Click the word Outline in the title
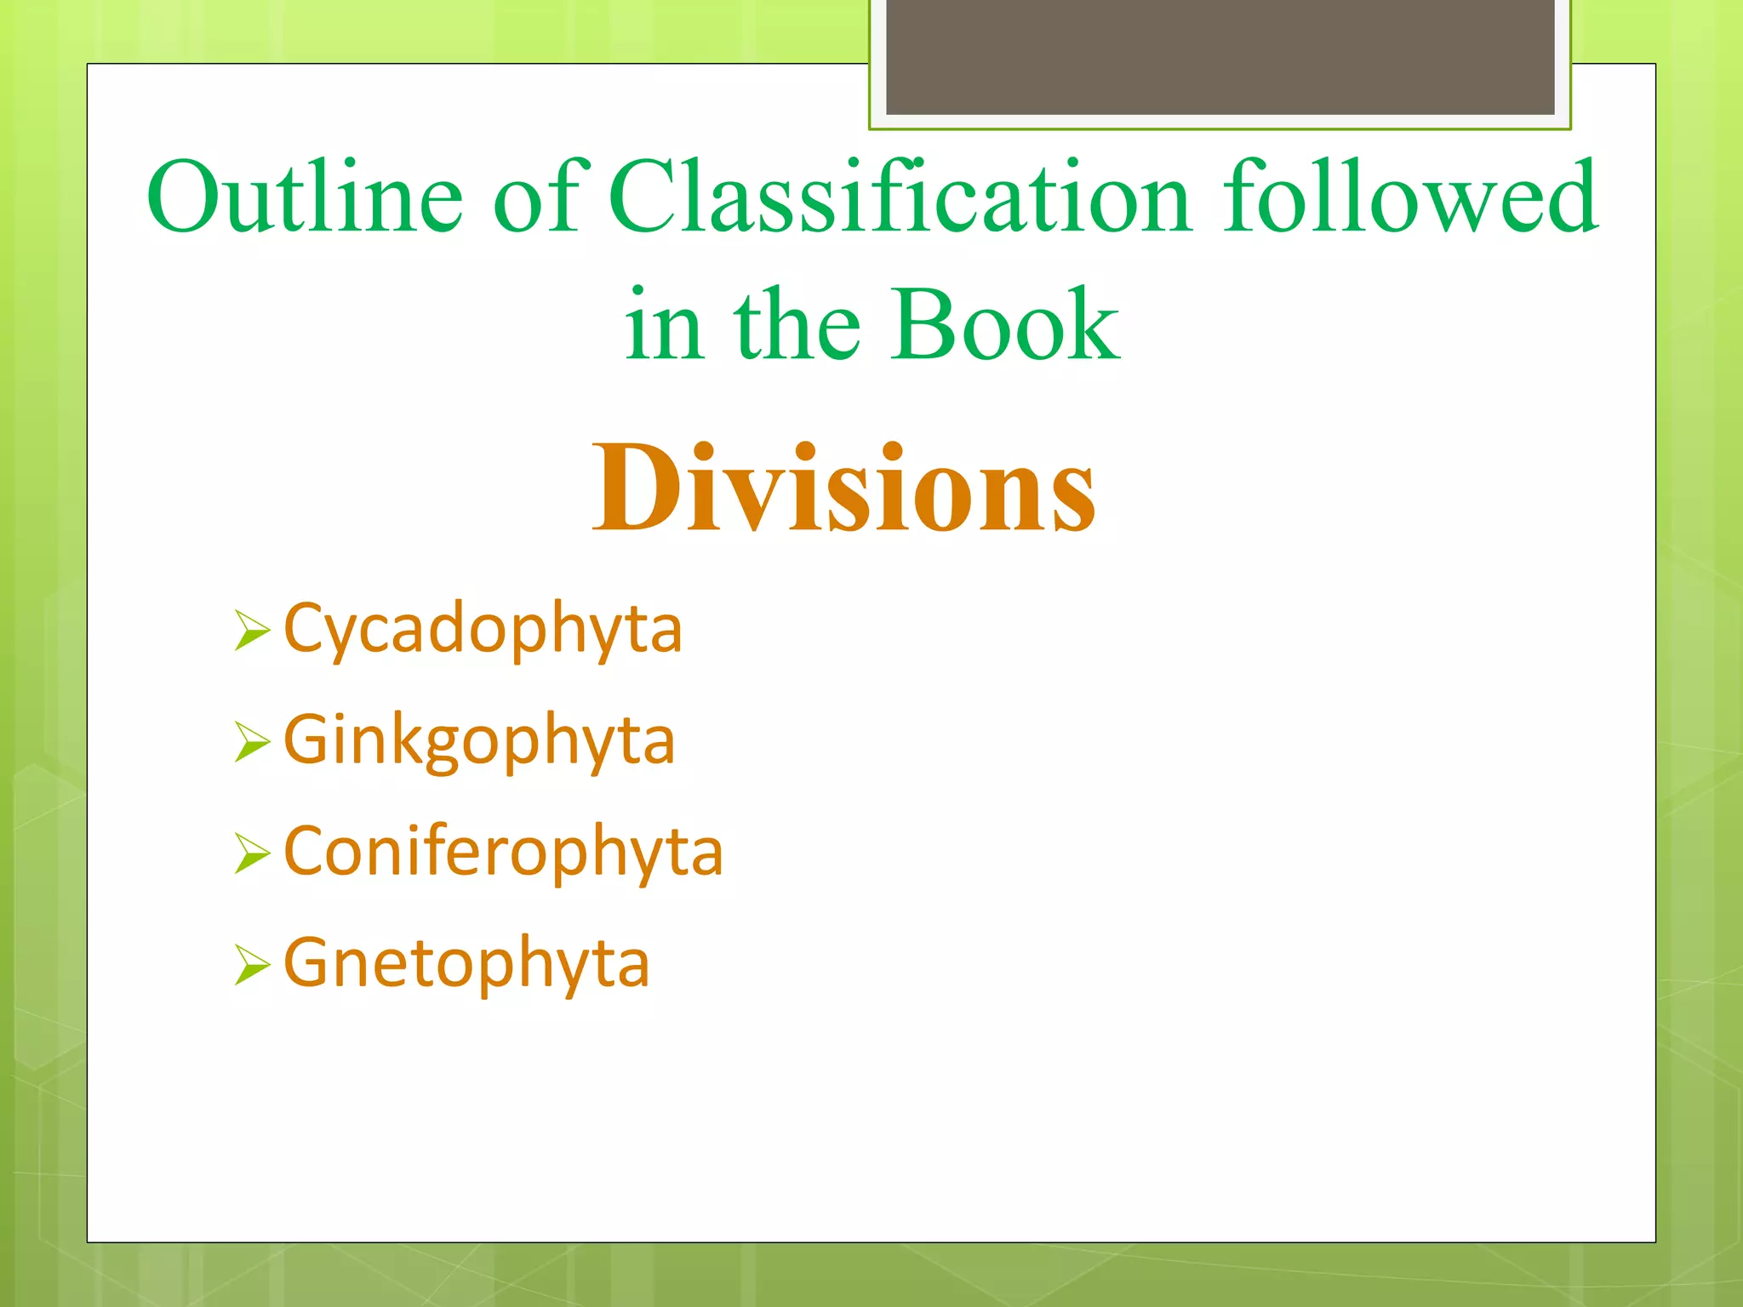pyautogui.click(x=305, y=197)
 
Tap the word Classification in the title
pyautogui.click(x=899, y=197)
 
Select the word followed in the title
pyautogui.click(x=1410, y=197)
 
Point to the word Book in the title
pyautogui.click(x=1006, y=325)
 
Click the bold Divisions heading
pyautogui.click(x=844, y=488)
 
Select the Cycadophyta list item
pyautogui.click(x=483, y=630)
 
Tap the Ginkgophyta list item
pyautogui.click(x=479, y=741)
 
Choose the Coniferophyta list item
pyautogui.click(x=503, y=852)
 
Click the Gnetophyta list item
pyautogui.click(x=466, y=963)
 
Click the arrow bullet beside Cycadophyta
pyautogui.click(x=252, y=631)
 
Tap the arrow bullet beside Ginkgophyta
pyautogui.click(x=252, y=742)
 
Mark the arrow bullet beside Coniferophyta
pyautogui.click(x=252, y=853)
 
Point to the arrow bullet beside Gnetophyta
pyautogui.click(x=252, y=965)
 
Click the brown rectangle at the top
pyautogui.click(x=1220, y=56)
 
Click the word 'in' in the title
pyautogui.click(x=664, y=325)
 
